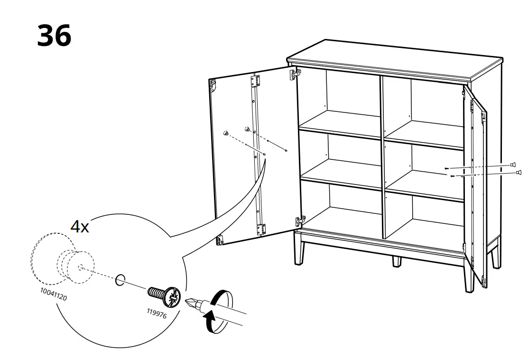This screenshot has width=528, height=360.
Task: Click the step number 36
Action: [x=54, y=36]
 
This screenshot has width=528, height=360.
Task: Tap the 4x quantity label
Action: [x=80, y=226]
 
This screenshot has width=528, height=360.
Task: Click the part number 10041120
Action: [x=54, y=294]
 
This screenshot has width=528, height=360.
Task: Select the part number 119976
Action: [x=157, y=314]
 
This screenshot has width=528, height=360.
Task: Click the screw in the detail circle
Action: [x=164, y=295]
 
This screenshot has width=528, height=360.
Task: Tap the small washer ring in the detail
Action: [x=120, y=279]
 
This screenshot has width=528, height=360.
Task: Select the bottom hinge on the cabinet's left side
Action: [x=300, y=221]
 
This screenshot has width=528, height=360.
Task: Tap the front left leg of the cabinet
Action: [x=299, y=249]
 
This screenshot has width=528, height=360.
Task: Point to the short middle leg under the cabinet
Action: [x=397, y=261]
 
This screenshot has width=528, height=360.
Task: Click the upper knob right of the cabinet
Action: [x=513, y=165]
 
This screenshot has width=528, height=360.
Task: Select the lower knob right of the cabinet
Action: [x=519, y=173]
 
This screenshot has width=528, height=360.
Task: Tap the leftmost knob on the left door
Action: [x=226, y=133]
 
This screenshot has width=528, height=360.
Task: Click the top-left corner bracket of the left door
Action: [x=213, y=85]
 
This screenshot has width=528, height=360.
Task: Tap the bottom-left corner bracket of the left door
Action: [x=220, y=240]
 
